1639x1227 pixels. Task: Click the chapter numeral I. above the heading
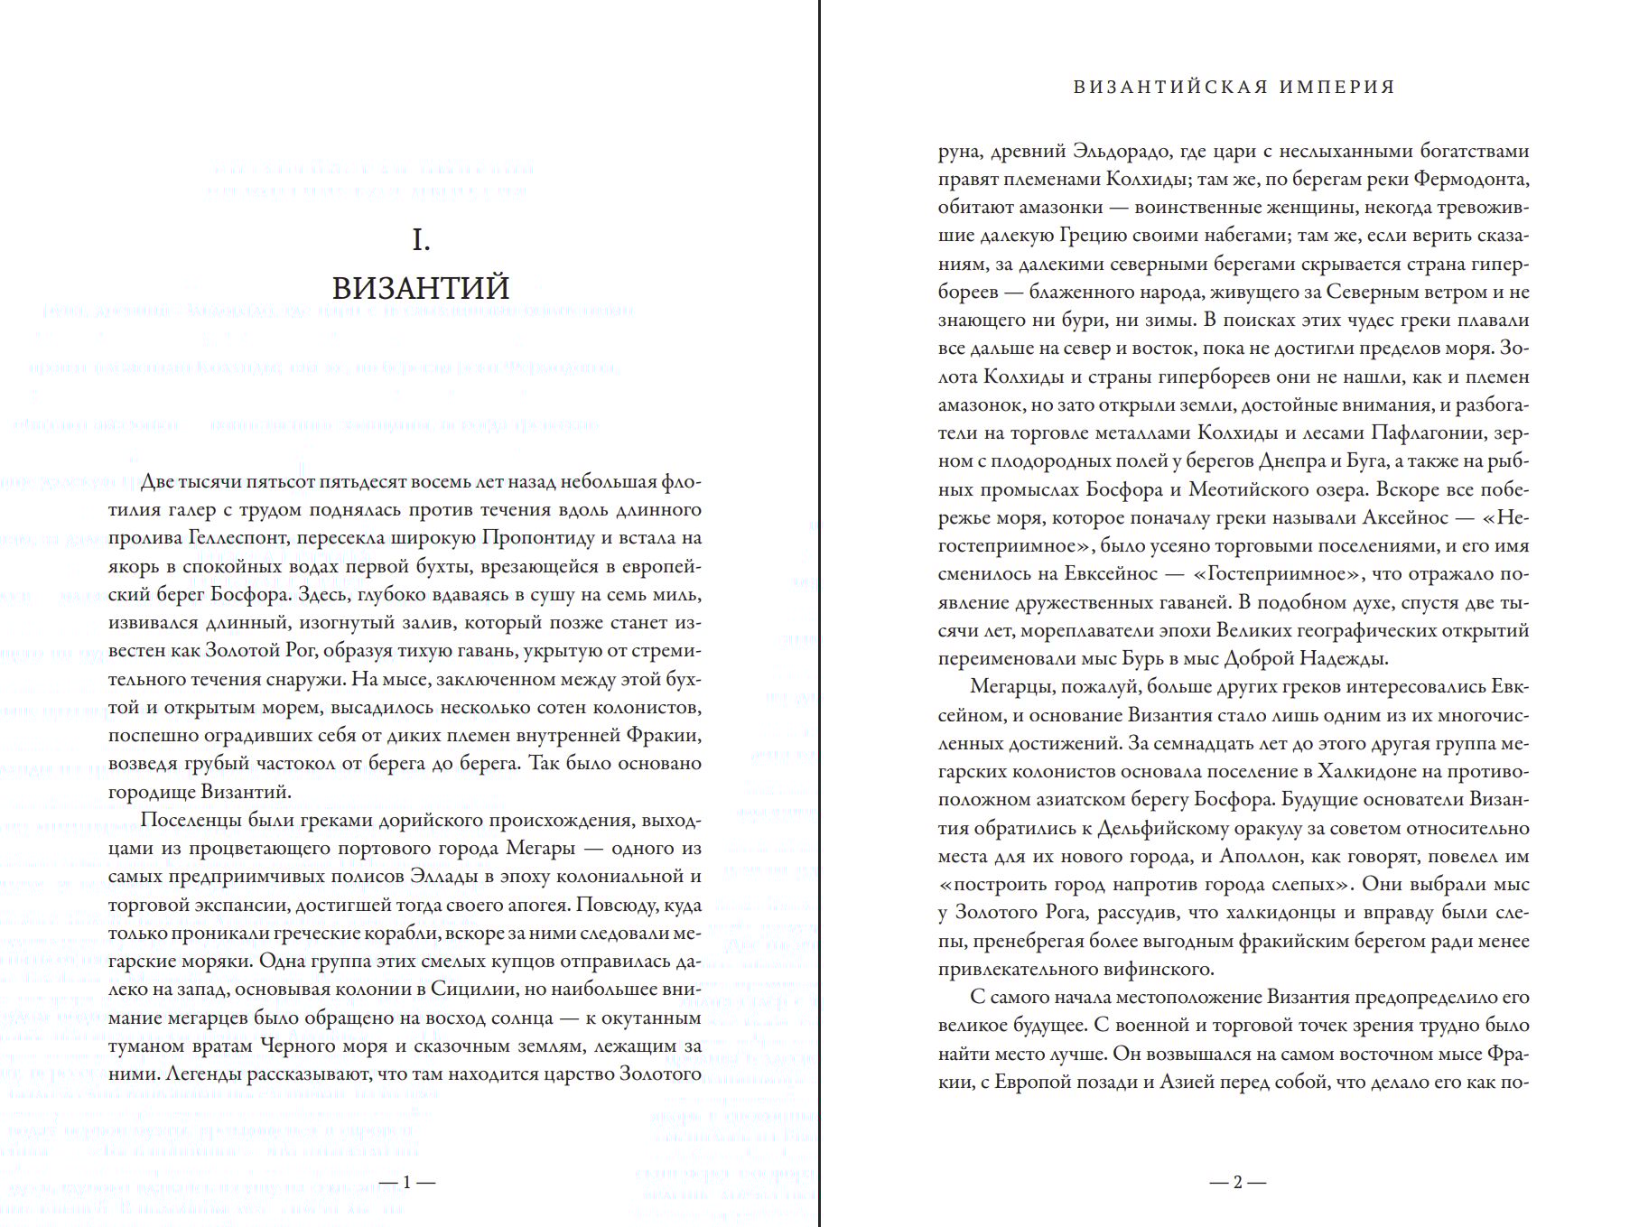(421, 240)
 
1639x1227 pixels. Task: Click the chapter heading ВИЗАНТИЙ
(421, 288)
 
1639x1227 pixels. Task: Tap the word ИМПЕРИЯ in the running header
(1338, 88)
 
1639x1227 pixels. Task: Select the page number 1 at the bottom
(406, 1182)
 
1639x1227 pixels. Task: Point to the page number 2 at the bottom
(1238, 1182)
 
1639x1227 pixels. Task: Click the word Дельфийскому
(1169, 829)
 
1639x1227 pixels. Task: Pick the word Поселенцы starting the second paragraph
(188, 821)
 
